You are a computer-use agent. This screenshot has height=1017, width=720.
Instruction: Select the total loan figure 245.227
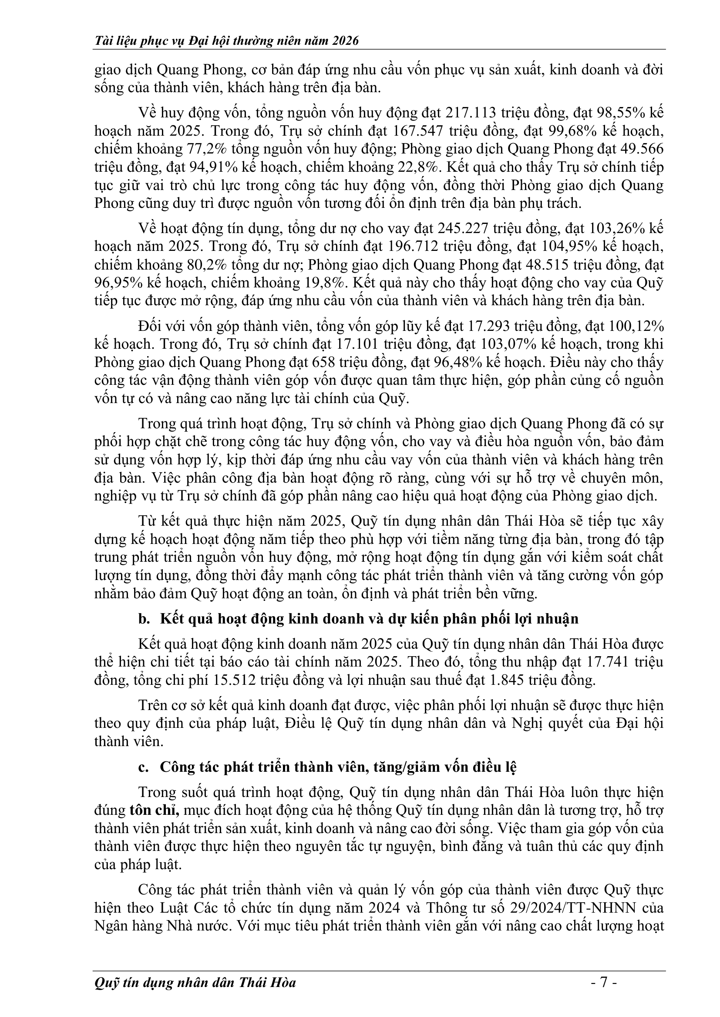(x=463, y=228)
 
